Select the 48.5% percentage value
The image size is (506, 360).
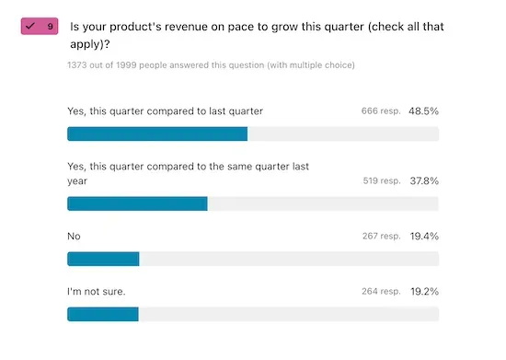[423, 110]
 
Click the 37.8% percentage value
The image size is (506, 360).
[423, 180]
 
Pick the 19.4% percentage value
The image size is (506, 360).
[423, 237]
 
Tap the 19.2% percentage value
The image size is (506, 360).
[423, 292]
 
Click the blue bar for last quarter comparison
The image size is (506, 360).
[157, 134]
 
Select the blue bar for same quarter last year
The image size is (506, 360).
[137, 203]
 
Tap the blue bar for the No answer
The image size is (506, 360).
[103, 259]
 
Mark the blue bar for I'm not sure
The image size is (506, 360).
[103, 314]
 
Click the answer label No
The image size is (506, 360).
[74, 237]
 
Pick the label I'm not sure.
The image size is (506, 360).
[96, 292]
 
